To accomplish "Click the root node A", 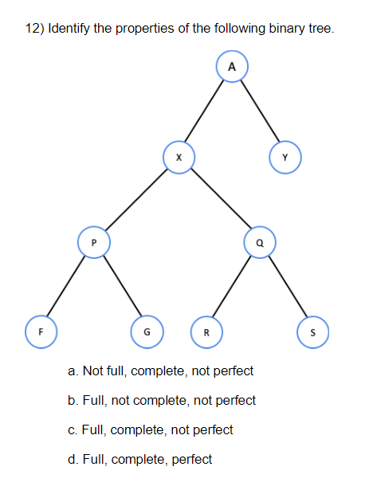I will click(x=232, y=68).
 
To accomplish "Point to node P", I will click(x=93, y=241).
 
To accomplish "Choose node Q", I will click(x=260, y=241).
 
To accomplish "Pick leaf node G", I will click(x=146, y=331).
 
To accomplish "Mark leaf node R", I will click(x=206, y=331).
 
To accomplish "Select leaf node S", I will click(x=312, y=331).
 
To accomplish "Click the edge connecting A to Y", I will click(x=259, y=112).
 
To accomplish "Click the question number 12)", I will click(x=34, y=29).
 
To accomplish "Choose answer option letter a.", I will click(x=73, y=371).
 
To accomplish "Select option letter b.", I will click(x=73, y=401).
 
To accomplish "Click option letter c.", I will click(x=73, y=430).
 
